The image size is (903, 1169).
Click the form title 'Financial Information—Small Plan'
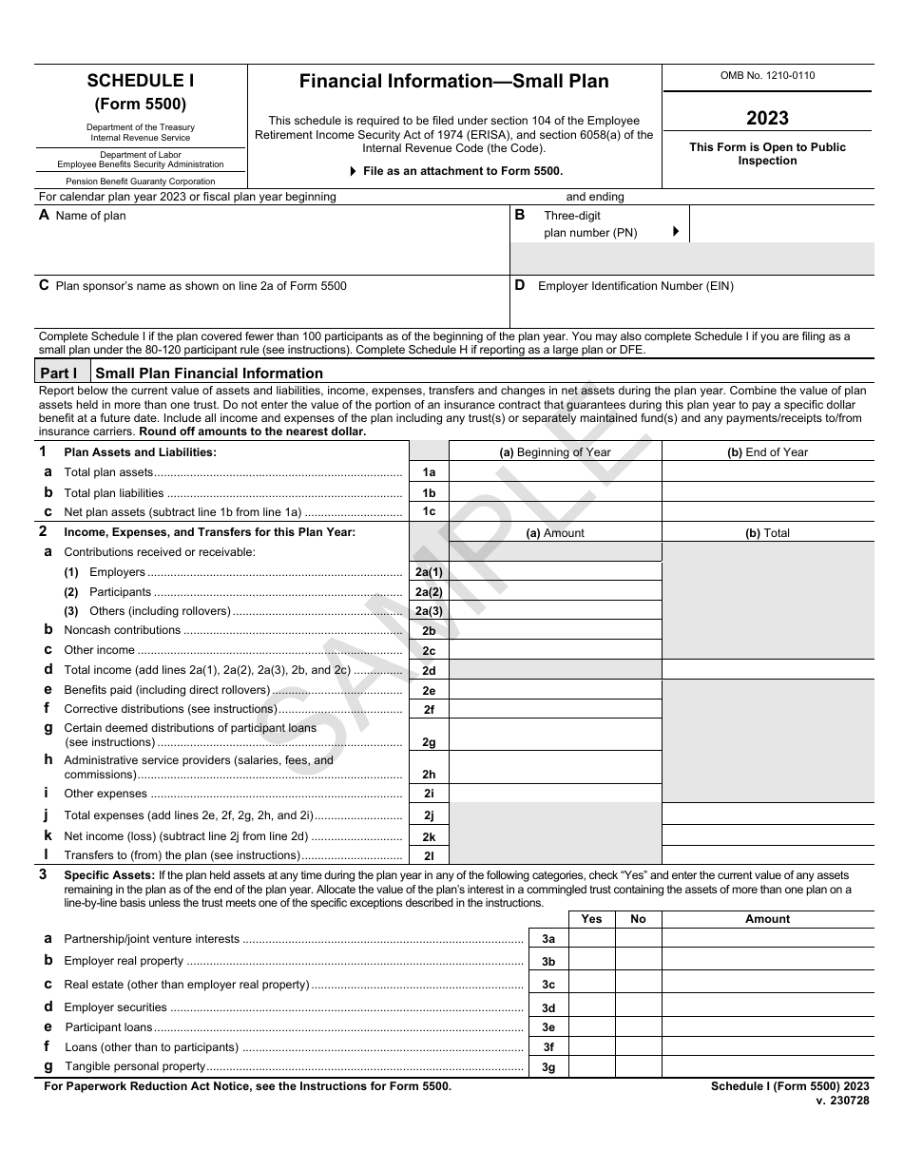(x=454, y=82)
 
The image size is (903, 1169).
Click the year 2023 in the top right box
(x=767, y=118)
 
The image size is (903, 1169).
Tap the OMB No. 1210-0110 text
(x=767, y=76)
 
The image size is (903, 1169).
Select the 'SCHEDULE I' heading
(x=141, y=82)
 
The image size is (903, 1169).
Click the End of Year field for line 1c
(x=767, y=511)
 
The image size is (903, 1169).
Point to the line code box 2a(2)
(x=429, y=592)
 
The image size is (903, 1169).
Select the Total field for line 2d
(x=767, y=670)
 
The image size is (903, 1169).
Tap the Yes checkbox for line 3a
(x=591, y=938)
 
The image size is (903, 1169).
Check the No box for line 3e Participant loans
(x=638, y=1027)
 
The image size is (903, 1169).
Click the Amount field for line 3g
(x=767, y=1066)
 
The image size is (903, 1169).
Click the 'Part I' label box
(x=63, y=373)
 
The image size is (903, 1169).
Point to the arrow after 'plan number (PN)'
(x=676, y=231)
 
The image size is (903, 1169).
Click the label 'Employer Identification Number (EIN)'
(x=635, y=286)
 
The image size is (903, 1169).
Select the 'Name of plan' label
(x=90, y=216)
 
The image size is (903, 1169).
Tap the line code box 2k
(x=429, y=836)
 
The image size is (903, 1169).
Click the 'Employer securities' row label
(x=115, y=1007)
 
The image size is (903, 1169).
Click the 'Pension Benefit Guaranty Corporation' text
(x=141, y=181)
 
